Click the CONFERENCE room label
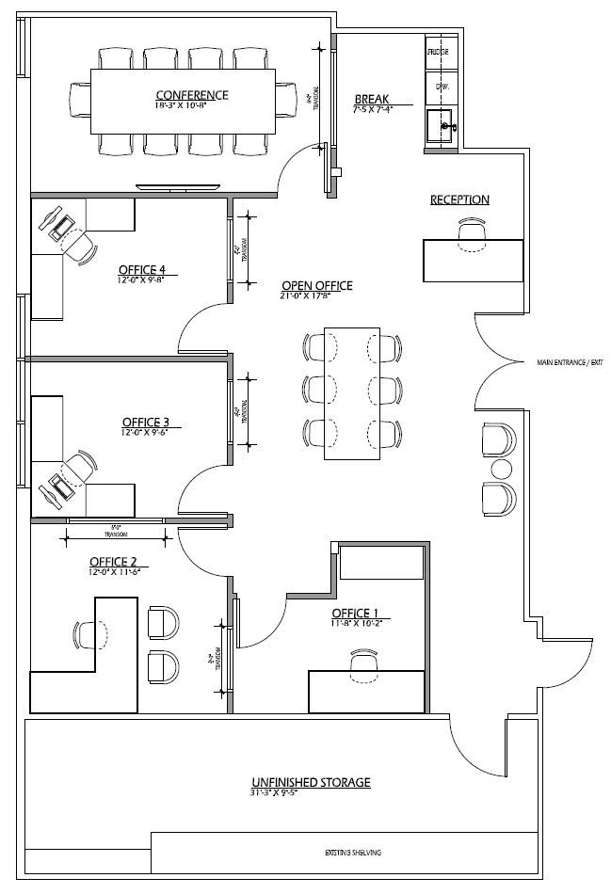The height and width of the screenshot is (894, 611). point(191,94)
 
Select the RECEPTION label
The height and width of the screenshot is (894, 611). point(459,200)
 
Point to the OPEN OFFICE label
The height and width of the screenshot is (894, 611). point(316,285)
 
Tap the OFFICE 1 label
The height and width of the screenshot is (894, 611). point(357,613)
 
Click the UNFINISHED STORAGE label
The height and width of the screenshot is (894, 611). point(310,782)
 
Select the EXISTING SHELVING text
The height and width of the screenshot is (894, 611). point(355,853)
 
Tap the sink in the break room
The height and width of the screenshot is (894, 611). point(441,125)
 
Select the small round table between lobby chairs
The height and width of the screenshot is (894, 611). point(500,468)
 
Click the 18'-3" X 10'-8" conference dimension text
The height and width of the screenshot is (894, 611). point(191,105)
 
